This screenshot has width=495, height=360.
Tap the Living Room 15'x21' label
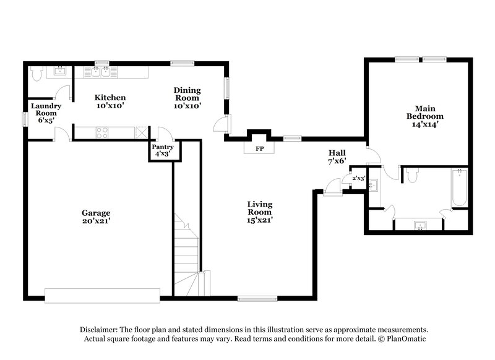point(260,212)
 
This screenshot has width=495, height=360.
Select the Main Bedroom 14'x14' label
point(424,116)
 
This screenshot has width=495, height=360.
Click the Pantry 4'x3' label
point(162,150)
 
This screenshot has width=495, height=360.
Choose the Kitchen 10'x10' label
point(110,101)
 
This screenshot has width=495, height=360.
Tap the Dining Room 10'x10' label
point(186,98)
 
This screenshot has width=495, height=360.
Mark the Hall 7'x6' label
point(337,156)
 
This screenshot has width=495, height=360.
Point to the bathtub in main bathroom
point(458,188)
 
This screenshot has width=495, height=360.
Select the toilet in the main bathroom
point(413,176)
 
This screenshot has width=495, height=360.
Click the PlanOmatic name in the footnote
point(408,340)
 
